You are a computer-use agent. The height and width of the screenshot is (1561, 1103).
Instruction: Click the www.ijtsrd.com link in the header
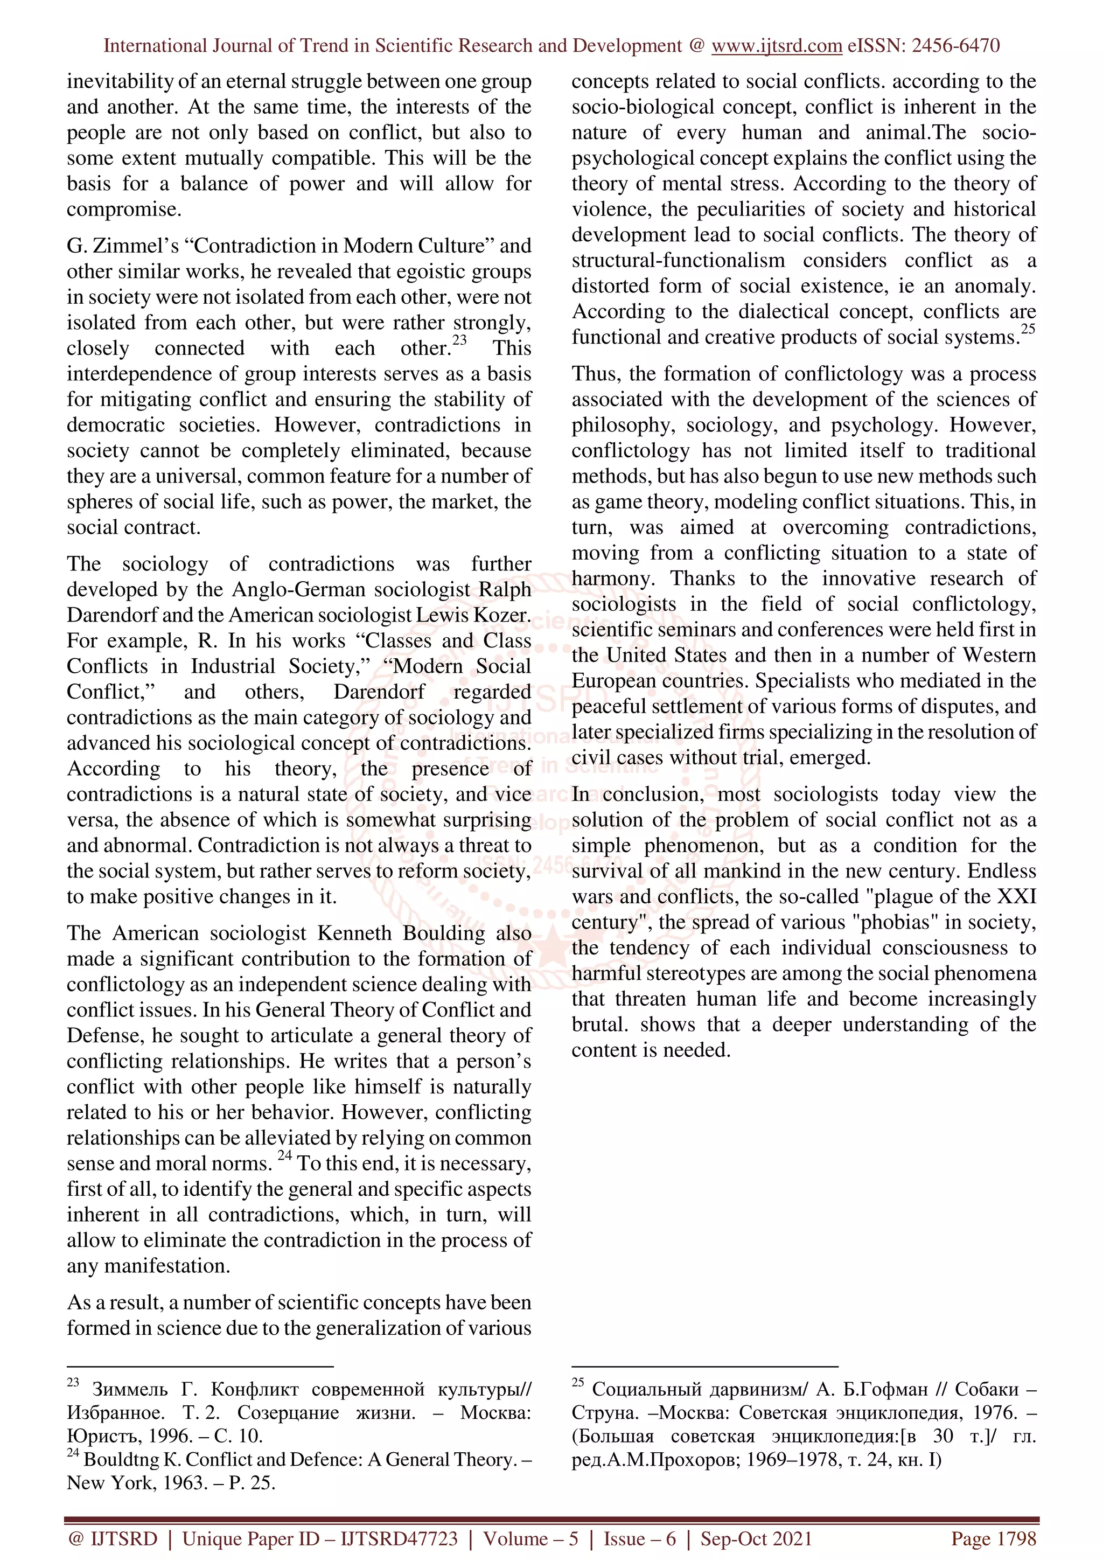coord(776,46)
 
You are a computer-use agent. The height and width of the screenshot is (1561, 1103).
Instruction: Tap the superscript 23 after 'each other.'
coord(460,340)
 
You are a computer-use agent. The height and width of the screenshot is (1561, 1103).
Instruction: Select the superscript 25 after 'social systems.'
coord(1028,329)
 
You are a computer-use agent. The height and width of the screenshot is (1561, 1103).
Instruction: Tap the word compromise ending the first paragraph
coord(122,210)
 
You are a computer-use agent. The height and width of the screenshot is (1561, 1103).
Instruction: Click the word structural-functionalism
coord(678,260)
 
